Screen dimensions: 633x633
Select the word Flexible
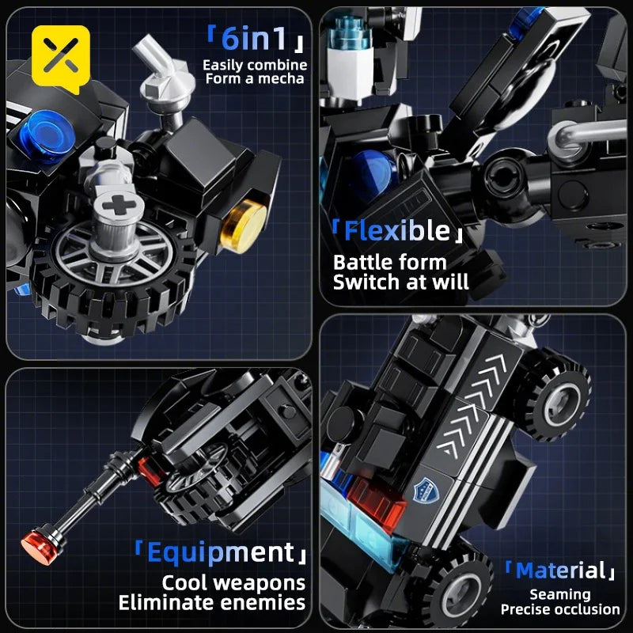point(396,231)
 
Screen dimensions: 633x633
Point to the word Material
point(560,570)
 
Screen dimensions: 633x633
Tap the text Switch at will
point(401,282)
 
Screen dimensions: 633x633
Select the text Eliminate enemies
point(212,604)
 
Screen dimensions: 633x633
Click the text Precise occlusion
point(560,609)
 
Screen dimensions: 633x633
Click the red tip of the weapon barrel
point(33,544)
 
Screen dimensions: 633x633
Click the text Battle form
point(390,262)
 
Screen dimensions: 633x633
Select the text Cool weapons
point(233,583)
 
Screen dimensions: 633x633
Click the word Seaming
point(560,594)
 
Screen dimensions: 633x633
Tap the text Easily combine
point(255,65)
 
